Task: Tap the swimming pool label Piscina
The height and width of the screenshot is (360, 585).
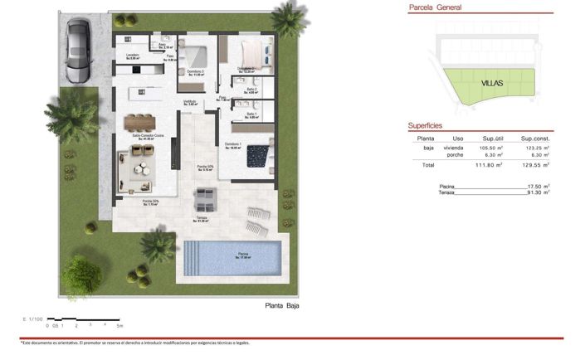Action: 242,255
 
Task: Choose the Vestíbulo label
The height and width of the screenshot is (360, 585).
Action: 190,102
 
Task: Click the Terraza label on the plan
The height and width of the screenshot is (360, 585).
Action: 201,220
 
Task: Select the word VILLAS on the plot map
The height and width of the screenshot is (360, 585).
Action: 492,84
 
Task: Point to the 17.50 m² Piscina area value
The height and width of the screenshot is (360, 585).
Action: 539,187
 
